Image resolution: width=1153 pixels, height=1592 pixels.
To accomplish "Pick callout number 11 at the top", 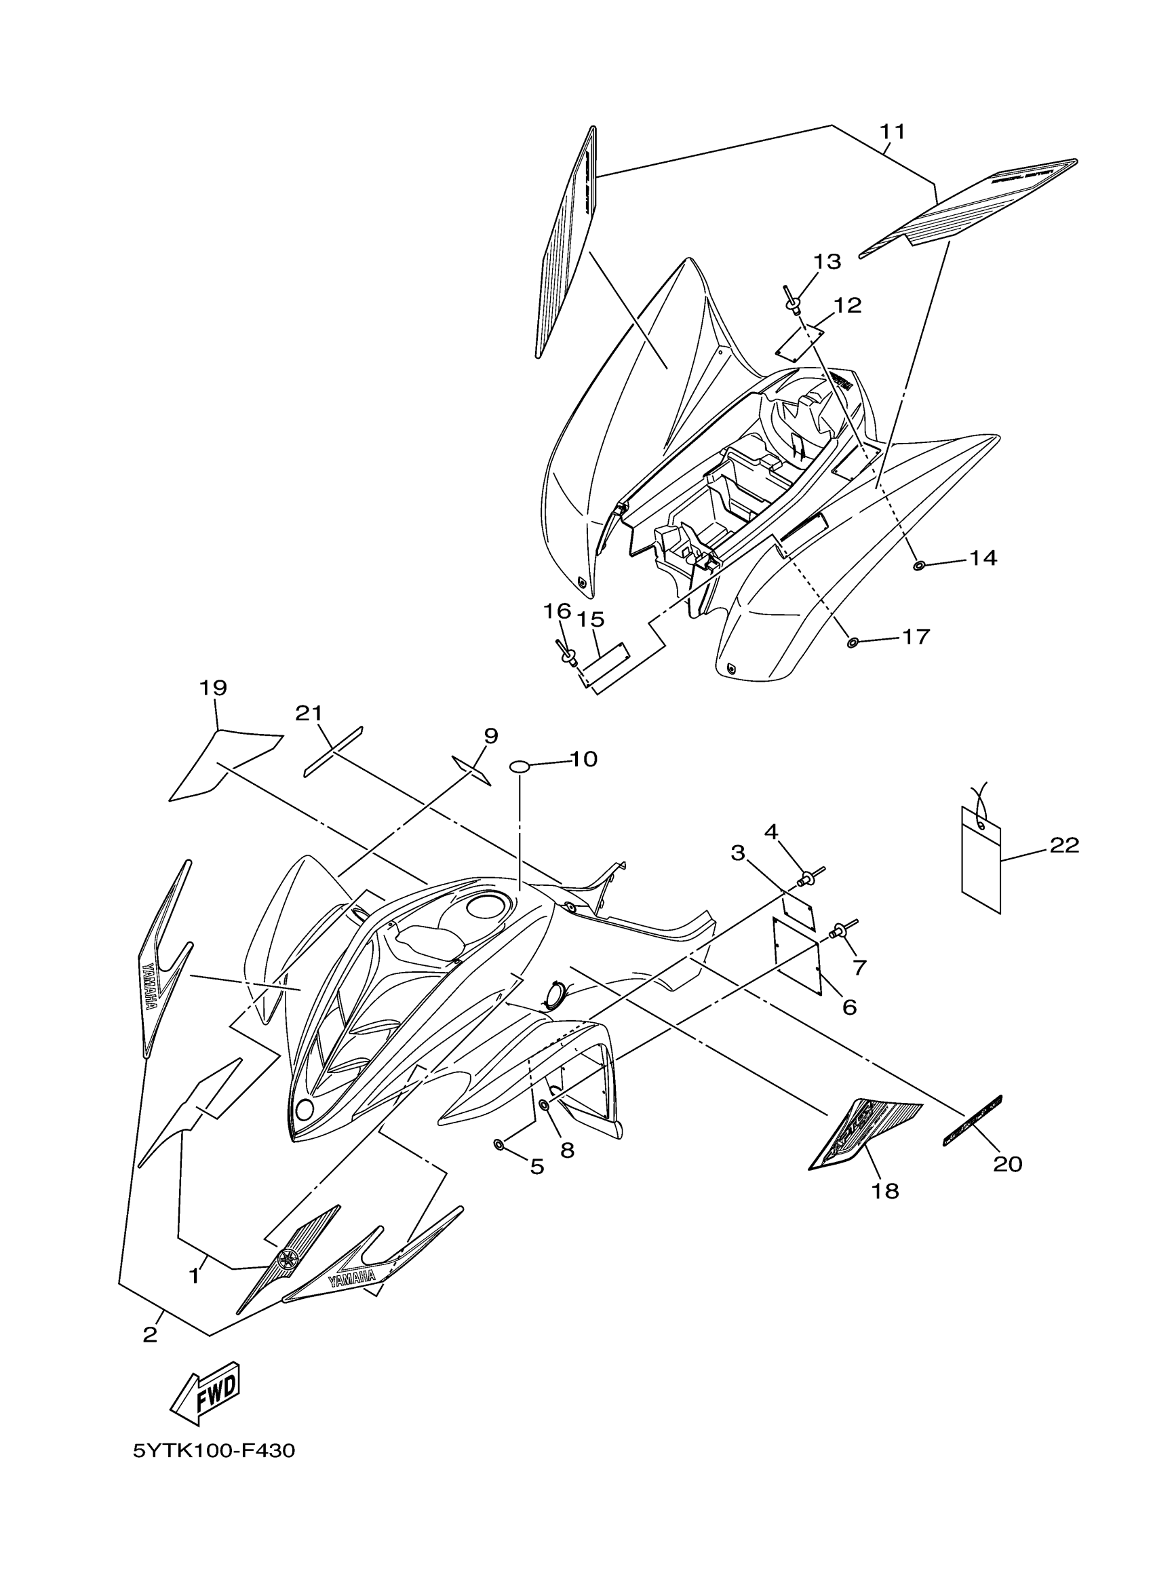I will click(x=893, y=132).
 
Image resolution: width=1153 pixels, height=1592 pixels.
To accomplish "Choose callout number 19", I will click(x=213, y=687).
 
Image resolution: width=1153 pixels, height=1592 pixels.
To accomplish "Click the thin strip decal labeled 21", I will click(x=333, y=751).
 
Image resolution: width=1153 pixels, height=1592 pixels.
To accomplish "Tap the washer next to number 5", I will click(x=499, y=1145).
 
